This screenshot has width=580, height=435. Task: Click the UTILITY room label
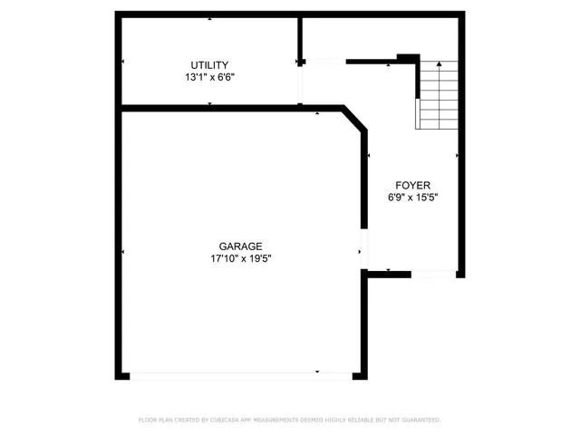(209, 64)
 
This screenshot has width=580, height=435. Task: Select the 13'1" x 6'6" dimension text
(209, 78)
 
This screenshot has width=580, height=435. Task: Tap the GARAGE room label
(240, 246)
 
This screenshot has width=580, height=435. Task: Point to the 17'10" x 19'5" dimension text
(240, 259)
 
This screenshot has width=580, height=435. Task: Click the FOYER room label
(406, 184)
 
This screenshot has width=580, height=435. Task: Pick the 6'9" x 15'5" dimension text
(406, 198)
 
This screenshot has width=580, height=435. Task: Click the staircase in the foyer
(438, 96)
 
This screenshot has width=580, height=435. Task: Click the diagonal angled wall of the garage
(355, 119)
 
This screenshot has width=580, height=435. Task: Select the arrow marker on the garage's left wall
(123, 251)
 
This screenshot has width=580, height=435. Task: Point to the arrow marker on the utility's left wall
(123, 62)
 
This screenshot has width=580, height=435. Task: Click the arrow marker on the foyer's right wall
(457, 155)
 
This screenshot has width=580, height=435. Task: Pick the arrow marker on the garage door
(317, 371)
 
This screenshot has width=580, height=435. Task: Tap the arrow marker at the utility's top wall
(210, 18)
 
